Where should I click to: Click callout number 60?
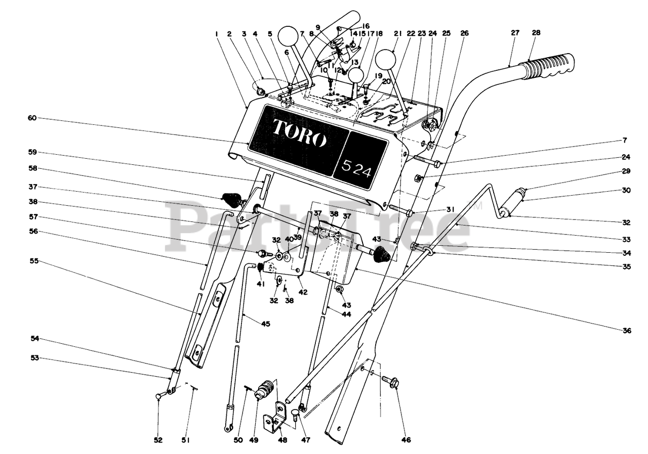(32, 118)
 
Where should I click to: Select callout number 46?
(406, 440)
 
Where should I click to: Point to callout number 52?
(158, 440)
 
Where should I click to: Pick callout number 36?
(627, 331)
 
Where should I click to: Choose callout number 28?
(536, 33)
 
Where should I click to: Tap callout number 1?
(216, 33)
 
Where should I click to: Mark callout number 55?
(34, 262)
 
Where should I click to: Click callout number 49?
(254, 440)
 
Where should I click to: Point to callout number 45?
(266, 324)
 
